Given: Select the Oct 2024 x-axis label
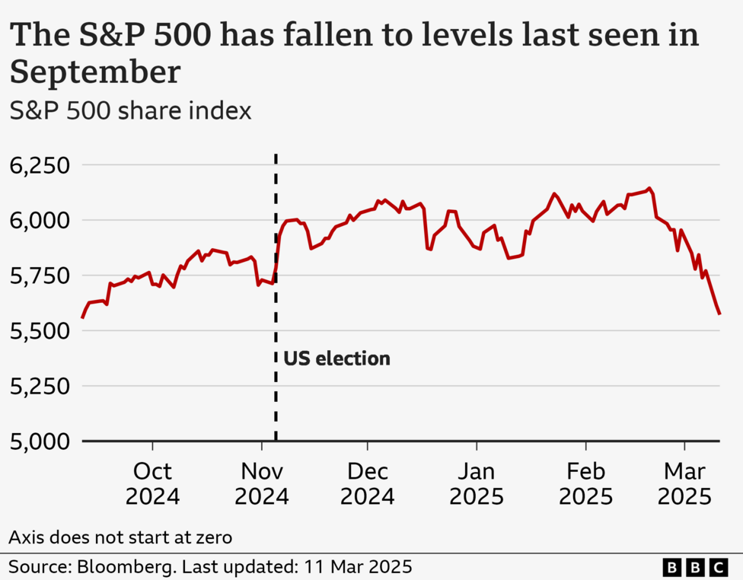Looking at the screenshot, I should tap(153, 484).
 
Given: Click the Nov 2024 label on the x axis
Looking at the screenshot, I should tap(262, 484).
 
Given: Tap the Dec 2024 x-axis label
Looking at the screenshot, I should tap(368, 484).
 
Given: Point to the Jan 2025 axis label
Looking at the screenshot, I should tap(477, 484).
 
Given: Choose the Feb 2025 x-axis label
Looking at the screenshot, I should tap(585, 484).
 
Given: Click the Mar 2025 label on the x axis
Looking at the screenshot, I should tap(684, 484).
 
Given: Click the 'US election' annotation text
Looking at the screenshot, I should tap(336, 358).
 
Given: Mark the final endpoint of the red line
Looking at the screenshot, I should tap(719, 314).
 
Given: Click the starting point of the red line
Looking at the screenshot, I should tap(82, 317).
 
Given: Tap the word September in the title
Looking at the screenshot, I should tap(95, 72).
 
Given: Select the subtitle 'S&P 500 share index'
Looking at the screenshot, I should tap(129, 111).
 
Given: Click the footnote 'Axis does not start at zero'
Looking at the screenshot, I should tap(120, 537).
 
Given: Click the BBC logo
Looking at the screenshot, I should tap(694, 566).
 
